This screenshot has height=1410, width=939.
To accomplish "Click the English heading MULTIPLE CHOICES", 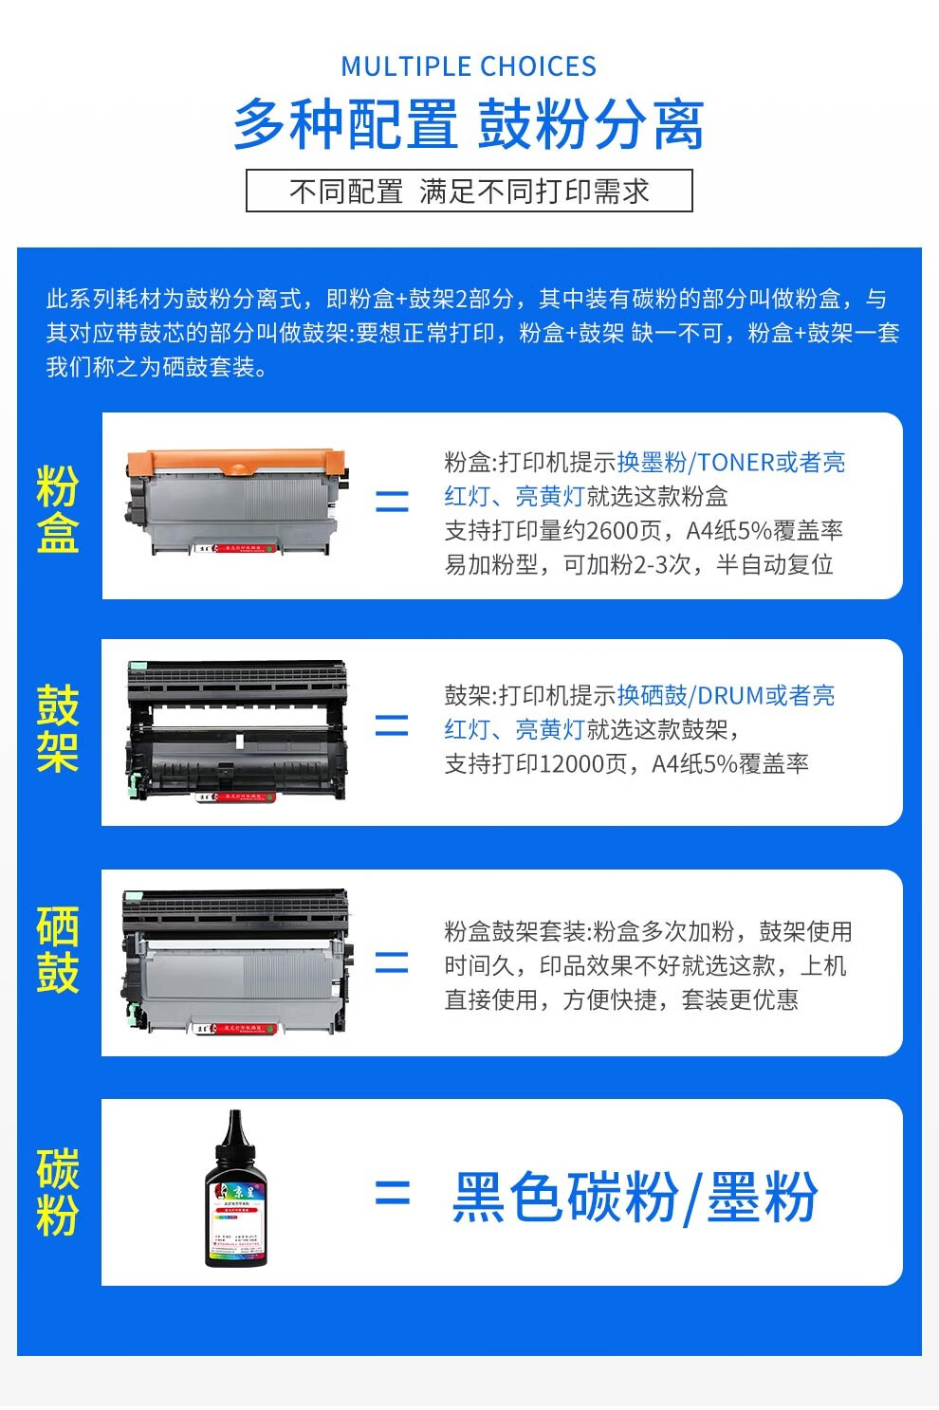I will coord(469,66).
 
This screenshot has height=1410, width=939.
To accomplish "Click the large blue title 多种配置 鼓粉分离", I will coord(469,124).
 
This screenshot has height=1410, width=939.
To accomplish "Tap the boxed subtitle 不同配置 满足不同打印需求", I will coord(469,191).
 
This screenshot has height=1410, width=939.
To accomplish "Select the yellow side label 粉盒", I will coord(57,509).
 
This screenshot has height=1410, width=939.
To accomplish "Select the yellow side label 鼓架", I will coord(57,729).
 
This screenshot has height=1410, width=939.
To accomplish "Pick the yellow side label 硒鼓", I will coord(57,949).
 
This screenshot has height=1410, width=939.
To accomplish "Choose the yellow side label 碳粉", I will coord(57,1192).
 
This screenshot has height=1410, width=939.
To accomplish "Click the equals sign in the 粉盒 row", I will coord(392,501).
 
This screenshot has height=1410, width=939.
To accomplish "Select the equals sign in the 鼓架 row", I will coord(392,725).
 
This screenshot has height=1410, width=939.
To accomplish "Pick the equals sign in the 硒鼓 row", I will coord(392,962).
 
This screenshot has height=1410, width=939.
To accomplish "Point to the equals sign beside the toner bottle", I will coord(392,1193).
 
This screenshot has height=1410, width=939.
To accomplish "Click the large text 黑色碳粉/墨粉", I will coord(634,1197).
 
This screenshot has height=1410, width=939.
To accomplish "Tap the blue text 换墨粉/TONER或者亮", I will coord(730,462).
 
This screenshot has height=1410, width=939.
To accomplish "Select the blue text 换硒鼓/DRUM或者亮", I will coord(726,695).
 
